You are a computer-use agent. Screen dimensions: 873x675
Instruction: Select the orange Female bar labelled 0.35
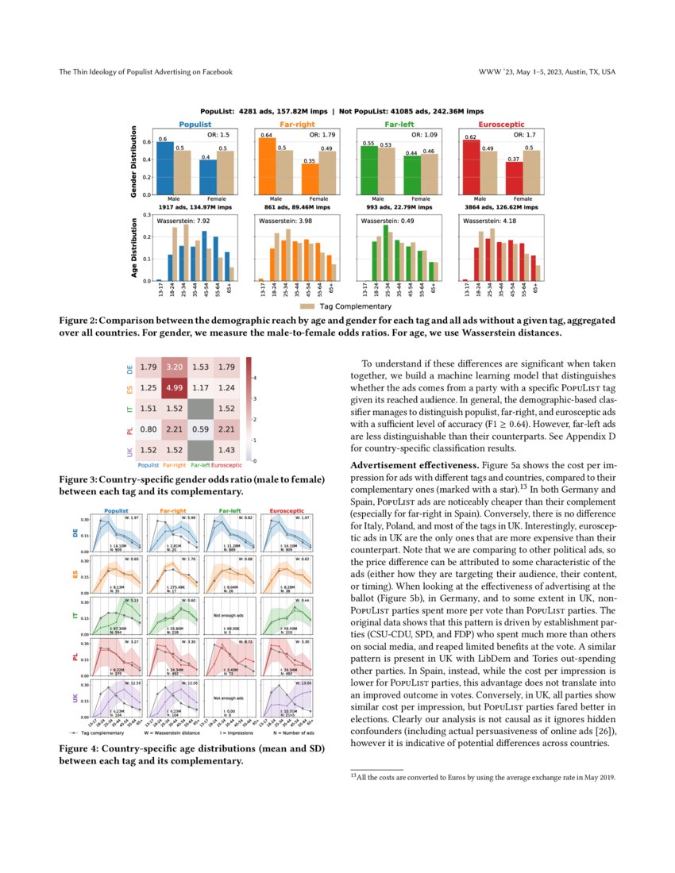[310, 179]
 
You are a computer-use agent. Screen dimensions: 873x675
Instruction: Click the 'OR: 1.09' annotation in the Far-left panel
[411, 135]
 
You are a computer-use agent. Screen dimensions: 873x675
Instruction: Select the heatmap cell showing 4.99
[175, 388]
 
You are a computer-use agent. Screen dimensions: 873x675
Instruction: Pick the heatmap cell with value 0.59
[200, 431]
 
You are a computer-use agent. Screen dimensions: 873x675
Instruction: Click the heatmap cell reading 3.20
[175, 367]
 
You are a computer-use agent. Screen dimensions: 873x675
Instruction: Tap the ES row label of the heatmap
[130, 389]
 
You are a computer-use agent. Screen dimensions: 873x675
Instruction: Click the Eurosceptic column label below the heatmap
[228, 464]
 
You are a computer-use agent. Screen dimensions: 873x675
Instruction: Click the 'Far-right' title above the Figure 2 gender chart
[297, 125]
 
